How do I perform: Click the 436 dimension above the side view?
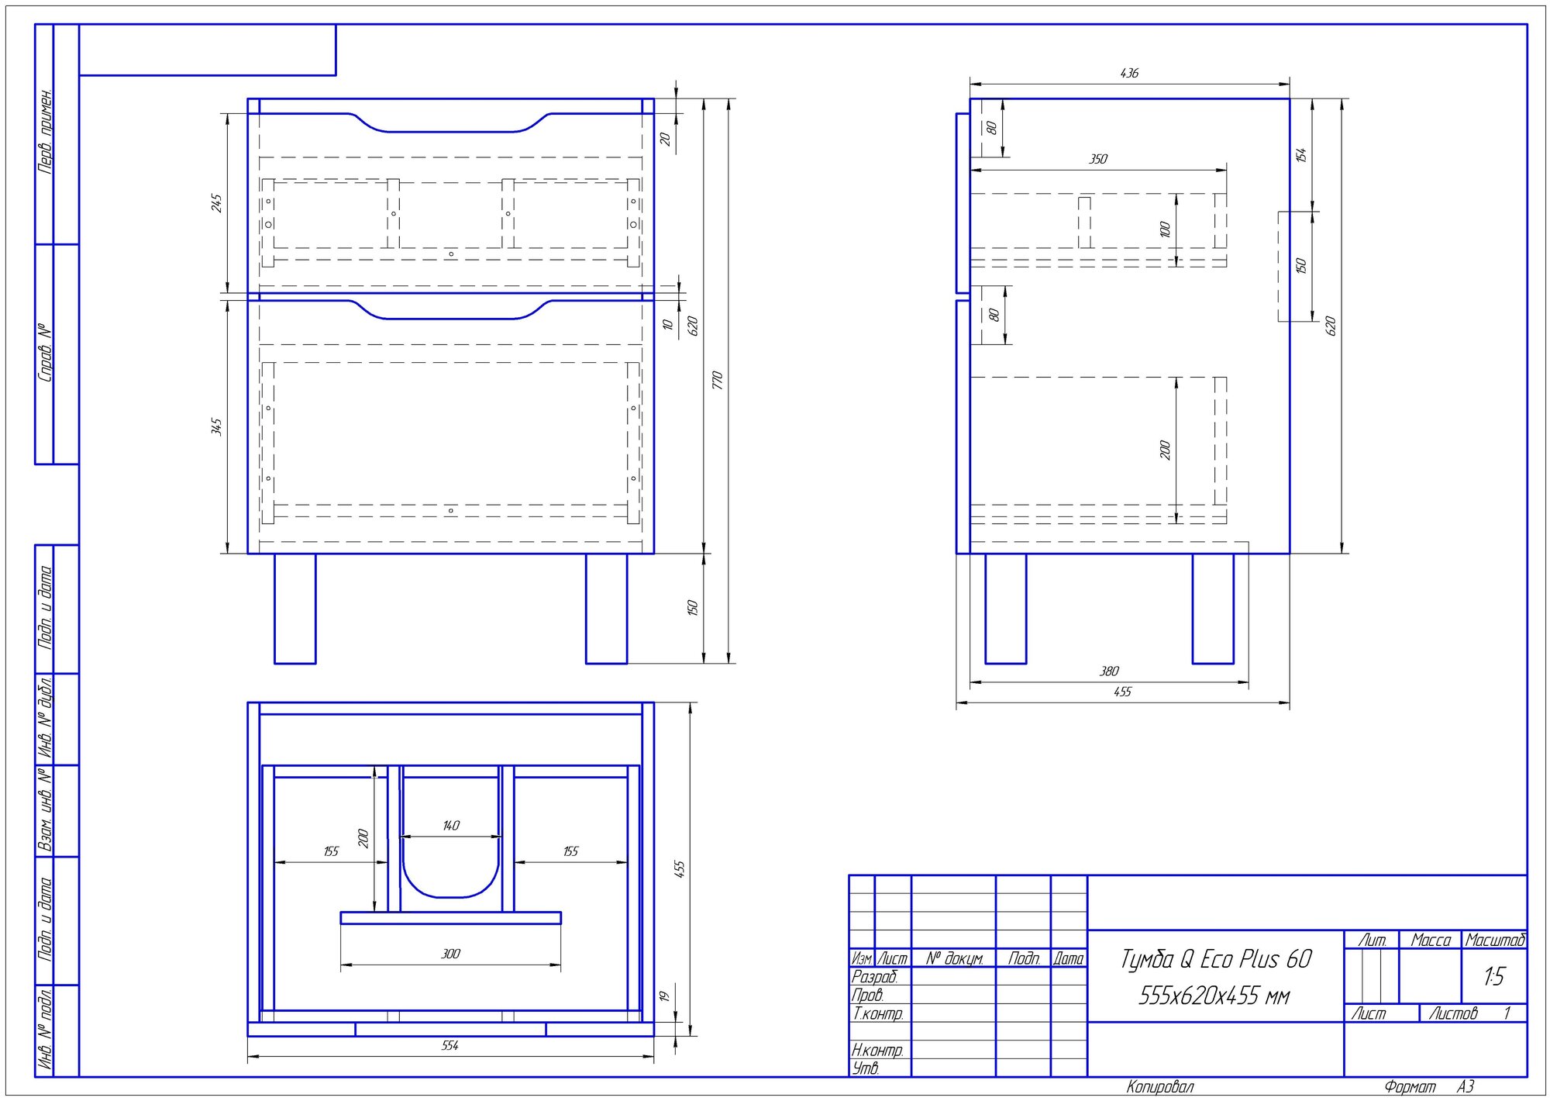pyautogui.click(x=1129, y=73)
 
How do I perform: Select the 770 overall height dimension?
pyautogui.click(x=717, y=380)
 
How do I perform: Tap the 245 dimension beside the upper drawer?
pyautogui.click(x=216, y=203)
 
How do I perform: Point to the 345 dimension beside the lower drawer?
pyautogui.click(x=216, y=426)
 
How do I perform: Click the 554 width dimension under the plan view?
pyautogui.click(x=450, y=1045)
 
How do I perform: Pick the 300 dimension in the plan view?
pyautogui.click(x=450, y=954)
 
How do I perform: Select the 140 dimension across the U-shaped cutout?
pyautogui.click(x=451, y=825)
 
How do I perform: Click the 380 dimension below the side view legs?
pyautogui.click(x=1109, y=671)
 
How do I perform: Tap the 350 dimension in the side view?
pyautogui.click(x=1098, y=159)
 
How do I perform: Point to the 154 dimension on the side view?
pyautogui.click(x=1300, y=154)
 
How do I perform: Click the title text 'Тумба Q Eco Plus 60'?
pyautogui.click(x=1215, y=960)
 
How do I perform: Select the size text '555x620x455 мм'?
pyautogui.click(x=1214, y=996)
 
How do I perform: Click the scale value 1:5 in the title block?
pyautogui.click(x=1493, y=976)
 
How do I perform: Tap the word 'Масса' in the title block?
pyautogui.click(x=1431, y=941)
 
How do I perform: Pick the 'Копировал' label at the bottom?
pyautogui.click(x=1159, y=1087)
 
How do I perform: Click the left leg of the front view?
pyautogui.click(x=295, y=609)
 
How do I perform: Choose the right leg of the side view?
pyautogui.click(x=1213, y=609)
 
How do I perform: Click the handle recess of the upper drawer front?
pyautogui.click(x=450, y=124)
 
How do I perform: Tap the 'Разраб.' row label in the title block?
pyautogui.click(x=874, y=977)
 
